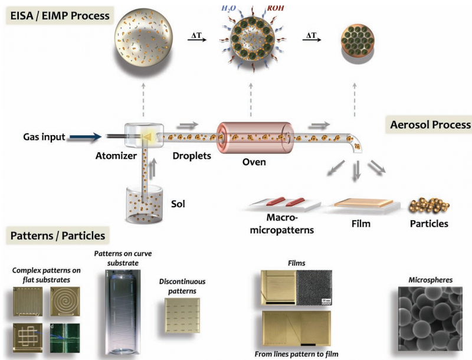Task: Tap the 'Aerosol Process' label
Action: tap(431, 125)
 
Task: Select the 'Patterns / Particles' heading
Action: tap(57, 236)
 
